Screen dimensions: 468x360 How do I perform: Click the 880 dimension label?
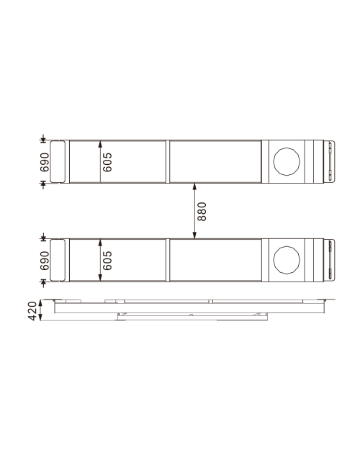[x=202, y=210]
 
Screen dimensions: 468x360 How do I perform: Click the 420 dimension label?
[x=32, y=311]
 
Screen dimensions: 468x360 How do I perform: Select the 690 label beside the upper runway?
[x=44, y=161]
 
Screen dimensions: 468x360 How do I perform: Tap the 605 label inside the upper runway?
[x=107, y=161]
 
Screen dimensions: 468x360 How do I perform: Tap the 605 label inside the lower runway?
[x=107, y=259]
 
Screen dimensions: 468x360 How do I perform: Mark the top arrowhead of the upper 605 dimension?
[x=100, y=143]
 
